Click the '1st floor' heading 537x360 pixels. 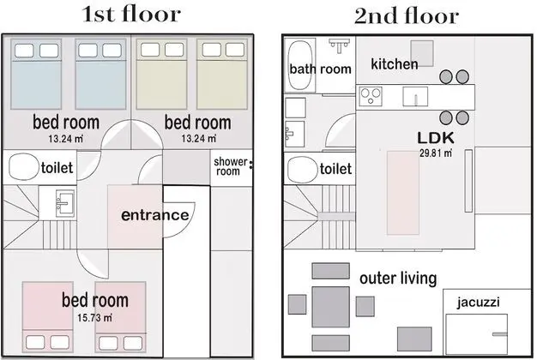(x=131, y=15)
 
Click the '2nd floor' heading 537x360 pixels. (x=407, y=15)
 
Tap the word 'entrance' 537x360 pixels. (x=154, y=215)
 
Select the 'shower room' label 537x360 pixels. (x=230, y=166)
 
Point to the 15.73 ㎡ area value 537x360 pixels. (x=94, y=318)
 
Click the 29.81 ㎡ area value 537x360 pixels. (x=436, y=153)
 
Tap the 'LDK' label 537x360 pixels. (x=436, y=137)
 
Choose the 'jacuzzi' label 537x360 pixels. (x=478, y=303)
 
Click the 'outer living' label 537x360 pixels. (x=398, y=279)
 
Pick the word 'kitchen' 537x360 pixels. (x=395, y=64)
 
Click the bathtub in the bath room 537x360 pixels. (x=301, y=65)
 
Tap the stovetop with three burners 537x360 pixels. (x=371, y=96)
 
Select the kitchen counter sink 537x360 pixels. (x=415, y=96)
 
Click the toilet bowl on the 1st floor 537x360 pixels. (x=23, y=166)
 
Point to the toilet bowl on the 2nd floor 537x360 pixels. (x=302, y=170)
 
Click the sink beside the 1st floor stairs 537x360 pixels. (x=65, y=203)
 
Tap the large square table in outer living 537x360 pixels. (x=330, y=307)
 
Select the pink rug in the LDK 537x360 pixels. (x=403, y=193)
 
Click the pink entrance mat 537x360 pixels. (x=135, y=216)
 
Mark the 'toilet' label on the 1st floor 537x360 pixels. (x=57, y=168)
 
